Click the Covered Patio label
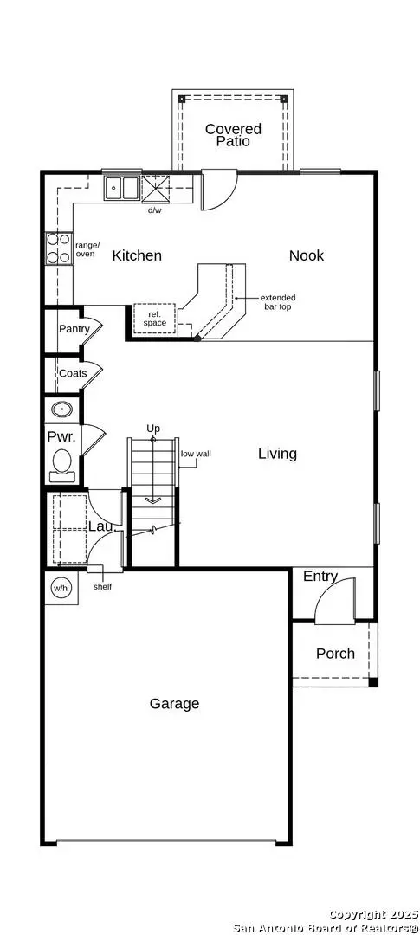pos(233,135)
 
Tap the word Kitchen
pos(137,255)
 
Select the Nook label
pos(307,255)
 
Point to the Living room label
pos(277,454)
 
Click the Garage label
pos(174,704)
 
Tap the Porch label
pos(335,654)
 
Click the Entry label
pos(320,577)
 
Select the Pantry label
pos(74,329)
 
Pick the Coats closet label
pos(73,374)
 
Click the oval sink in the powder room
pos(62,409)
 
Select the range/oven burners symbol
pos(59,248)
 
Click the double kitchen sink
pos(121,188)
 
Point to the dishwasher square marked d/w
pos(157,189)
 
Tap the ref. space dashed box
pos(154,319)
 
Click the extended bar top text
pos(277,302)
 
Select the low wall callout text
pos(197,453)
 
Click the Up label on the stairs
pos(153,429)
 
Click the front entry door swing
pos(336,603)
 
